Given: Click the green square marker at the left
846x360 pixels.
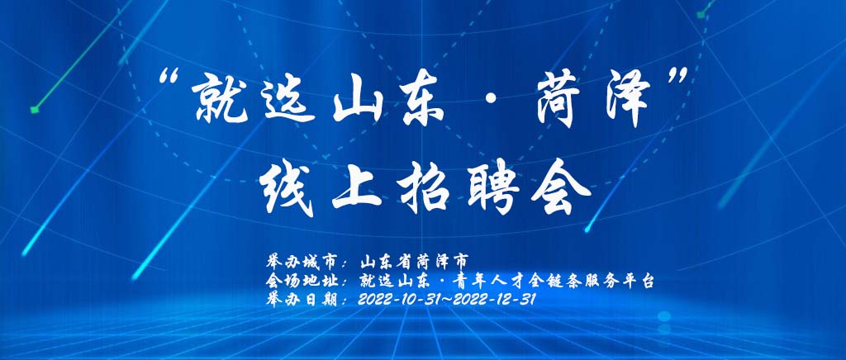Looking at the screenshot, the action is tap(35, 109).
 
